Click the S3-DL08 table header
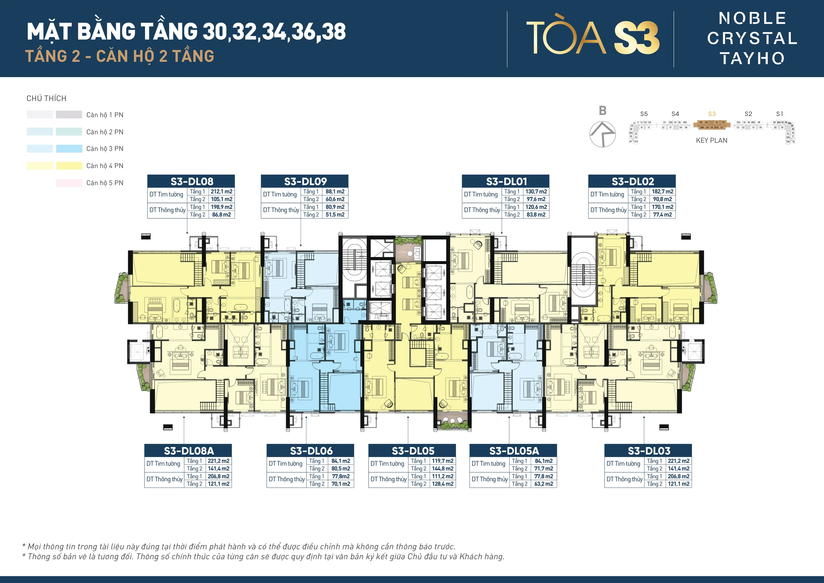pyautogui.click(x=191, y=181)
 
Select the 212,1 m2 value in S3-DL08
pyautogui.click(x=221, y=191)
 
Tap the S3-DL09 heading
pyautogui.click(x=305, y=181)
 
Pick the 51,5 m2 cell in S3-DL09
pyautogui.click(x=335, y=215)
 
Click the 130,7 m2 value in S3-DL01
pyautogui.click(x=536, y=191)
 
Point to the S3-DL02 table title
pyautogui.click(x=632, y=181)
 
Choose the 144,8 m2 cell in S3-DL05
pyautogui.click(x=443, y=468)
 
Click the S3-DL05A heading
pyautogui.click(x=514, y=451)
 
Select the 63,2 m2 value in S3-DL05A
pyautogui.click(x=544, y=484)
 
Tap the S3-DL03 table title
pyautogui.click(x=649, y=451)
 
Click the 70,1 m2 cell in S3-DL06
pyautogui.click(x=341, y=484)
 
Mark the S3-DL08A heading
pyautogui.click(x=188, y=451)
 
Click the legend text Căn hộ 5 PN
pyautogui.click(x=105, y=183)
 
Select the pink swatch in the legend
pyautogui.click(x=69, y=183)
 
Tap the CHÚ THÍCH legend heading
pyautogui.click(x=46, y=99)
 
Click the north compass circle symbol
pyautogui.click(x=603, y=134)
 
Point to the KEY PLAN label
pyautogui.click(x=711, y=140)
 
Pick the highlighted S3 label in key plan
pyautogui.click(x=712, y=114)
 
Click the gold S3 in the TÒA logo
pyautogui.click(x=637, y=38)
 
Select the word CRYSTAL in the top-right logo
pyautogui.click(x=752, y=38)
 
